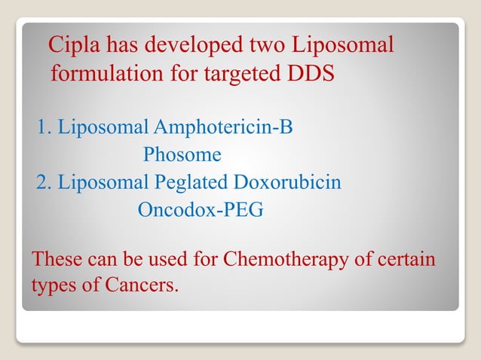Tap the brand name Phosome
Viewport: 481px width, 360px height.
[x=182, y=155]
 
